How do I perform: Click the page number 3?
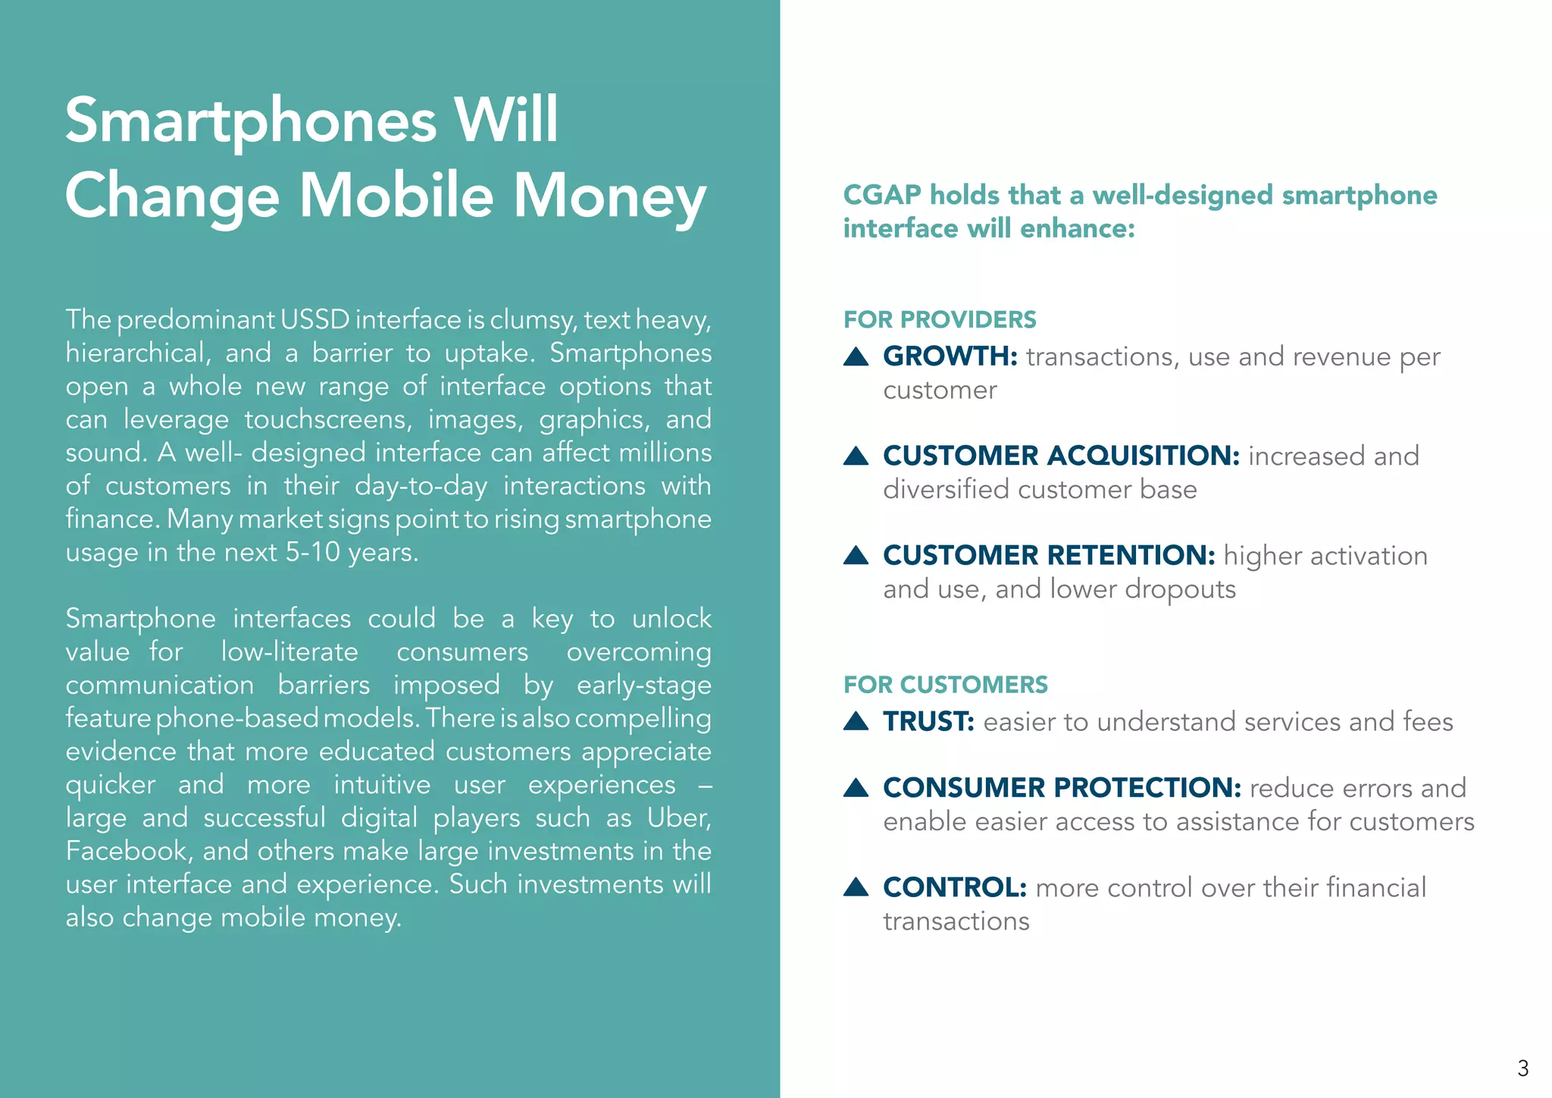[1522, 1068]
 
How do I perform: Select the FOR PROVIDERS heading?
[940, 320]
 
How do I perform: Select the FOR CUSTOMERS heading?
[946, 685]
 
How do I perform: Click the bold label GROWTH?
[950, 356]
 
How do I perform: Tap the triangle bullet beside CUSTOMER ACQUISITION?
[856, 456]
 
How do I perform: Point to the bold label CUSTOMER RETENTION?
[1049, 556]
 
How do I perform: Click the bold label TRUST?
[928, 721]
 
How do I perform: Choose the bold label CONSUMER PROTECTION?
[1062, 788]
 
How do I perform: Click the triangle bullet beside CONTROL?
[856, 887]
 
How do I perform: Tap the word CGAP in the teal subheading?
[881, 196]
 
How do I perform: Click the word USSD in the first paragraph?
[314, 320]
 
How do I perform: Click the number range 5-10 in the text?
[313, 553]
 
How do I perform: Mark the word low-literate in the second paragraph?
[289, 652]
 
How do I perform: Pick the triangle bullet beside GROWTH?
[856, 356]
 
